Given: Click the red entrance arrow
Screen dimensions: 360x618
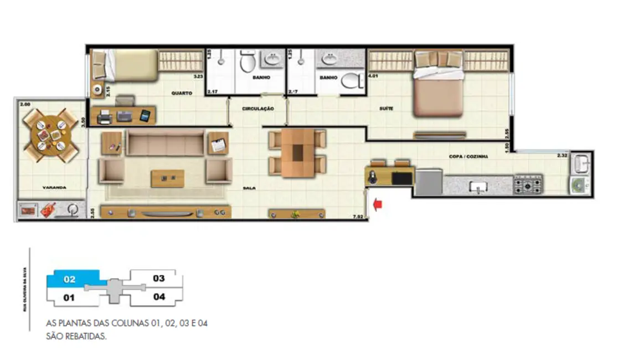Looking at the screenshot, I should (379, 205).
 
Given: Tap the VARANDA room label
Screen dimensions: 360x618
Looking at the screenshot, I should (54, 188).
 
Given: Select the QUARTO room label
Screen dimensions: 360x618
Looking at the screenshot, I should (182, 94).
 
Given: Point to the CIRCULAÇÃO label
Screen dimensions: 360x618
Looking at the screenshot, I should (257, 109).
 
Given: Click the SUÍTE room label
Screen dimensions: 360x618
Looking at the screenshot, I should (387, 109).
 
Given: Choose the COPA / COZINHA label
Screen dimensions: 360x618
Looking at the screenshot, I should (468, 157).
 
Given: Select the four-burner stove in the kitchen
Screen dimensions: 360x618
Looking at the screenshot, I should (528, 184).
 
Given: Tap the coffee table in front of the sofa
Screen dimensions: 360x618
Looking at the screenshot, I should (168, 178).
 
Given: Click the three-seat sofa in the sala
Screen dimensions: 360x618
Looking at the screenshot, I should (166, 142).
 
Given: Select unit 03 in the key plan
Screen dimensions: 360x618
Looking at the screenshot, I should (158, 279).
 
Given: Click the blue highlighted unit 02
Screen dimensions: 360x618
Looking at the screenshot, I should (70, 279).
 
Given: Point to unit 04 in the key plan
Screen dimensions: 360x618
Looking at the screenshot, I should (159, 297).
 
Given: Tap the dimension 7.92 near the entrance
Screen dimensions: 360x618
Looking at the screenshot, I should (358, 217).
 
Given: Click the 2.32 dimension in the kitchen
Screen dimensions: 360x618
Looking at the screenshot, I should (563, 156).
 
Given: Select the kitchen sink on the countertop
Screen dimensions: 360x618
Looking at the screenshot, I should (476, 187).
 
